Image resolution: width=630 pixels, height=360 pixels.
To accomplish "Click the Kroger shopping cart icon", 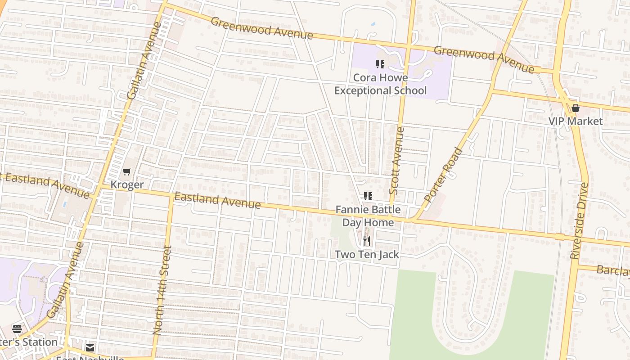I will point(127,171).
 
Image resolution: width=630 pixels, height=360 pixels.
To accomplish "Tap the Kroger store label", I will point(127,184).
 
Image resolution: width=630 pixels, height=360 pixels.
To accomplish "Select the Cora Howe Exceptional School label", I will point(380,84).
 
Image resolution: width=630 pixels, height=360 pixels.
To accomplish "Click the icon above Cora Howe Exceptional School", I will point(380,64).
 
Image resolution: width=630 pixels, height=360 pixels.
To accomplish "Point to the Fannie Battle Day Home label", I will point(368,216).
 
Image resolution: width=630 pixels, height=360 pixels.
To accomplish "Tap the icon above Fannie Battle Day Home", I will point(368,196).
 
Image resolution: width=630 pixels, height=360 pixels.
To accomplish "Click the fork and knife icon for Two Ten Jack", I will point(367,242).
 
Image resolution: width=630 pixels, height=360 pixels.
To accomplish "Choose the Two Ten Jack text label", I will point(367,254).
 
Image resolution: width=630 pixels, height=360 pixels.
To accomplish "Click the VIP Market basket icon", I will point(575,108).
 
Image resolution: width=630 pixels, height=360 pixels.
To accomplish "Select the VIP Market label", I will point(575,121).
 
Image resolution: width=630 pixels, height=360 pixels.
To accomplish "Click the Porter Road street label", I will point(443,175).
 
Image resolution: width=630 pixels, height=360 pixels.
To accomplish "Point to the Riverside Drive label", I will point(579,220).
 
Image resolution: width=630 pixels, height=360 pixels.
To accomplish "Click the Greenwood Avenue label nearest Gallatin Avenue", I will point(261,28).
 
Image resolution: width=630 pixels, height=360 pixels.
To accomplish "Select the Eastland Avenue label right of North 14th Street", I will point(217,200).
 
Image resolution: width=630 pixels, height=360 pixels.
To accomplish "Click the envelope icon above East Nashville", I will point(90,348).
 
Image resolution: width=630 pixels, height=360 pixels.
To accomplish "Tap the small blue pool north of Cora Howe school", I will point(373,24).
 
